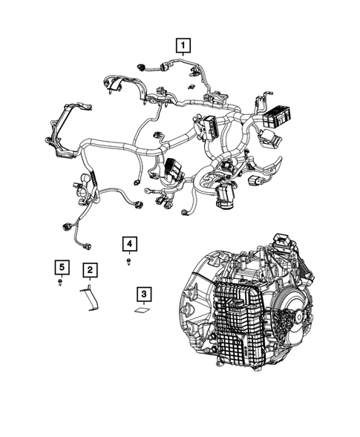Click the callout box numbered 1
point(180,45)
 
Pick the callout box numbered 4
point(129,243)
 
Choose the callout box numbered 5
point(60,266)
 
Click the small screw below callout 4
point(130,261)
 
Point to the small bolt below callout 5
point(60,283)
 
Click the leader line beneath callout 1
point(180,62)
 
